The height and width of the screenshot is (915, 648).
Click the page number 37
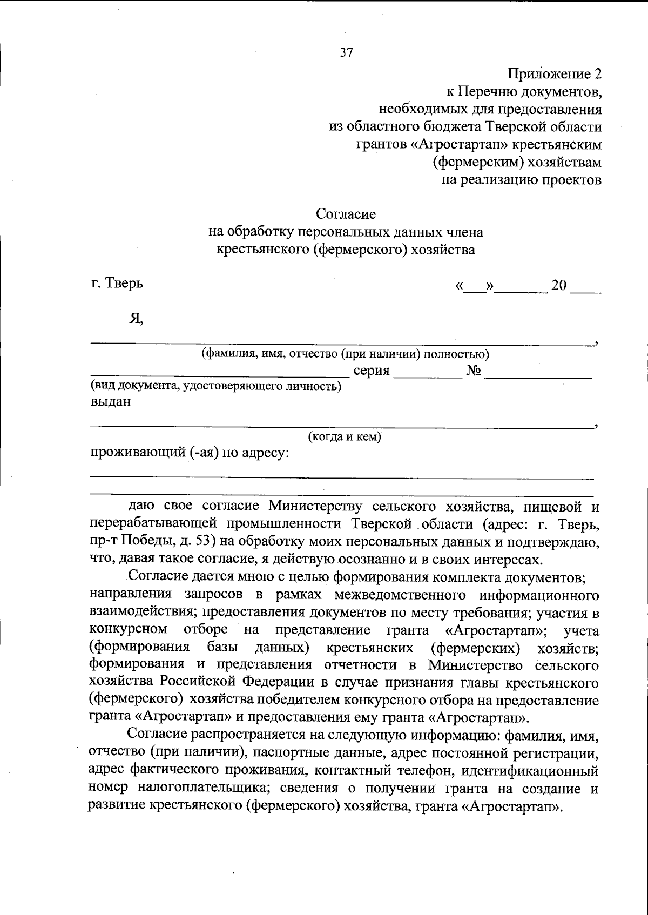coord(346,52)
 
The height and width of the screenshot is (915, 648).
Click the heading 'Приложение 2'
coord(554,74)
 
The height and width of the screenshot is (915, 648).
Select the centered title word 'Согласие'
coord(346,214)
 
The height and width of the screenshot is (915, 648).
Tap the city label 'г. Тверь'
coord(117,282)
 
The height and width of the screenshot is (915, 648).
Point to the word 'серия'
coord(372,371)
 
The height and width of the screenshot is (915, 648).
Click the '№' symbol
coord(473,371)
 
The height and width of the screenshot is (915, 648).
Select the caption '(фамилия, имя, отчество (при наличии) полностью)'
coord(345,354)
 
